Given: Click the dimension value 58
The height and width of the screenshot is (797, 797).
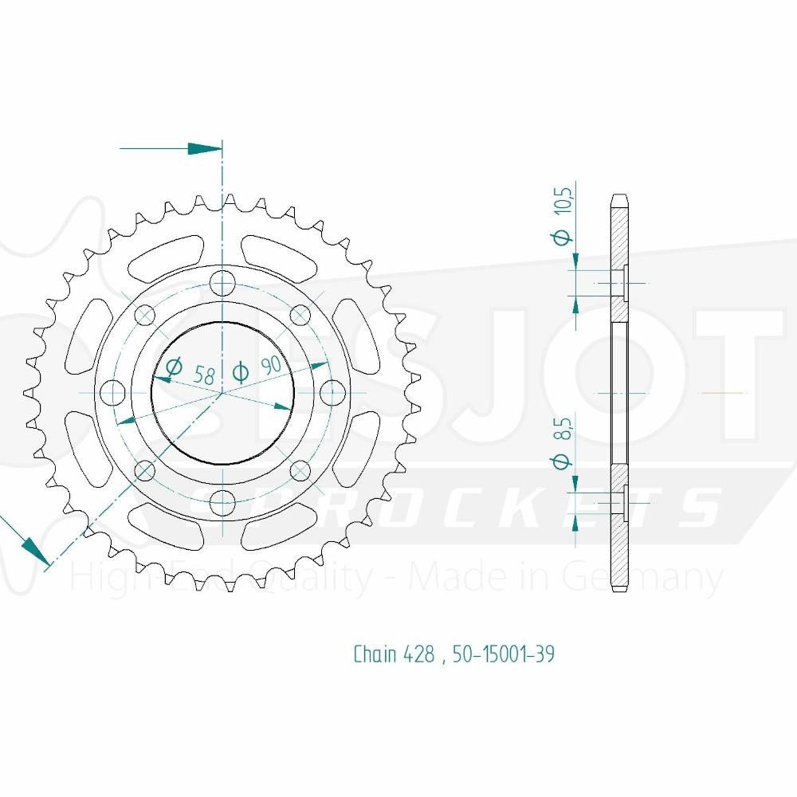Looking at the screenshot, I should (205, 374).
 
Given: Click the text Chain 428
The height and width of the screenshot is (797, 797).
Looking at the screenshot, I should (394, 654).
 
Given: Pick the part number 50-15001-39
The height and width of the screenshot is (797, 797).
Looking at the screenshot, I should (503, 654).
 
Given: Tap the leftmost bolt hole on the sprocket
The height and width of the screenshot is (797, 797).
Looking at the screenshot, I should (114, 393).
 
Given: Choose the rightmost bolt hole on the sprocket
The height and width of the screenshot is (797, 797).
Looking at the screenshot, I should (332, 393).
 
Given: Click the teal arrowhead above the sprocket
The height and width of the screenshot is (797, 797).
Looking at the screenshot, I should (203, 149).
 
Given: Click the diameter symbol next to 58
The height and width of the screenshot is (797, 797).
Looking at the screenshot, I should (172, 367).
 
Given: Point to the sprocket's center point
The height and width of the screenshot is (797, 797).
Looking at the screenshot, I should (223, 393).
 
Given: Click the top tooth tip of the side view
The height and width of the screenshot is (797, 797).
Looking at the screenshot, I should (619, 196).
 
